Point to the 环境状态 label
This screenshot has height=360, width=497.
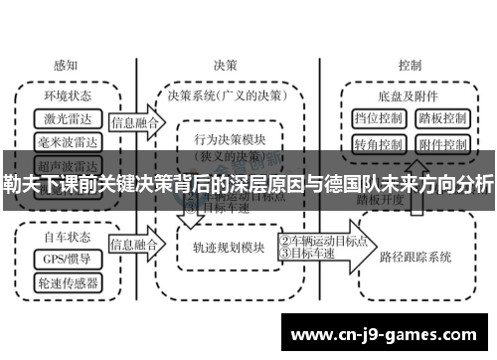[68, 96]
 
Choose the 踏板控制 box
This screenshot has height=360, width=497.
[440, 118]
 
